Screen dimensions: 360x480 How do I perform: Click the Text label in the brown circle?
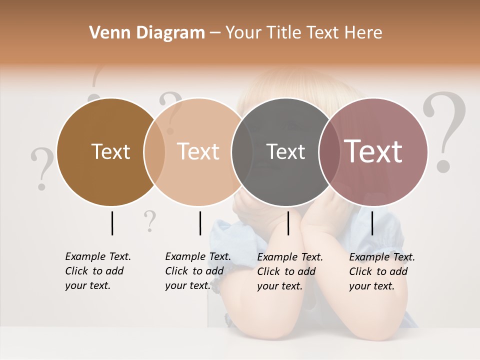[x=110, y=151]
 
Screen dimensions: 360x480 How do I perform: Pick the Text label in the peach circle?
[x=198, y=151]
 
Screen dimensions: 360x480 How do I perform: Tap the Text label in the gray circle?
[x=285, y=151]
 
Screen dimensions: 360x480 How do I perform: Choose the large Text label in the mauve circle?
[x=373, y=151]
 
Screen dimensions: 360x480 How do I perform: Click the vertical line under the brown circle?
[x=112, y=223]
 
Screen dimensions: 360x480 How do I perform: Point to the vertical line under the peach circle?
[x=200, y=223]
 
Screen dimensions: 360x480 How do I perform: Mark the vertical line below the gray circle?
[x=288, y=223]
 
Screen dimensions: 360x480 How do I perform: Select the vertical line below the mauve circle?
[x=372, y=223]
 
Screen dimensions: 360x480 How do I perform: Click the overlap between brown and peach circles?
[x=154, y=151]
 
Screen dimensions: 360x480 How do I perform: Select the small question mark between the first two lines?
[x=149, y=221]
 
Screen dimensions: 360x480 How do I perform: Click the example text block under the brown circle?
[x=97, y=271]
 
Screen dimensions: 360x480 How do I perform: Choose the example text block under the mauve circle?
[x=381, y=271]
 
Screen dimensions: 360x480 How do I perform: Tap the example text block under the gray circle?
[x=289, y=271]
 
